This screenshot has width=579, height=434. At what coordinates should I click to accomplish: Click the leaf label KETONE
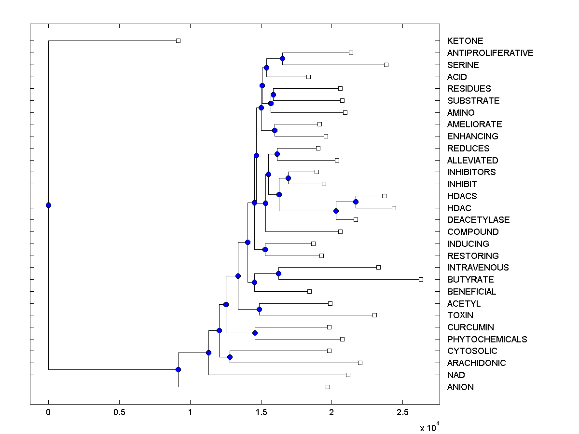465,41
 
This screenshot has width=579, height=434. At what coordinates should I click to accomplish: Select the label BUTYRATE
470,280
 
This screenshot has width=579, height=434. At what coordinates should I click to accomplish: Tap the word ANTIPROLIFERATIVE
490,53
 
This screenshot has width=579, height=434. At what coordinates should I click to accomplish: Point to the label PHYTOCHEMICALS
487,339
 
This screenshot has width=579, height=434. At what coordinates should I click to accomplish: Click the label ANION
460,387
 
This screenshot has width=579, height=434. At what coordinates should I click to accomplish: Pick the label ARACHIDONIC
476,363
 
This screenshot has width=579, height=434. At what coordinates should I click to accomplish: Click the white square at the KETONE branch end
178,41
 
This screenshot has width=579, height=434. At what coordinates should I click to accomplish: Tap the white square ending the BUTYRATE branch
421,279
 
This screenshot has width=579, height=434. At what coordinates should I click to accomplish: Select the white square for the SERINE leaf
386,65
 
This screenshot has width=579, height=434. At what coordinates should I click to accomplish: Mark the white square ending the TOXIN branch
374,315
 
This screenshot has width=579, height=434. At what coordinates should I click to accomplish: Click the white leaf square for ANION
328,387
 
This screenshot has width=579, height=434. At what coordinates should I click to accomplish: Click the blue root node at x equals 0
48,205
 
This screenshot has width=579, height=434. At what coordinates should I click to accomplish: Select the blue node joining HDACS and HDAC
356,202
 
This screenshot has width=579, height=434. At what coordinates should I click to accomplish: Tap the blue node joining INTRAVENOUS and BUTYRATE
278,273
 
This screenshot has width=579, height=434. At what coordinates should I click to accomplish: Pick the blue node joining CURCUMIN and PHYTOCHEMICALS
255,333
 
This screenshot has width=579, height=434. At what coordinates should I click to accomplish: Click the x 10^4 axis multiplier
429,427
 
